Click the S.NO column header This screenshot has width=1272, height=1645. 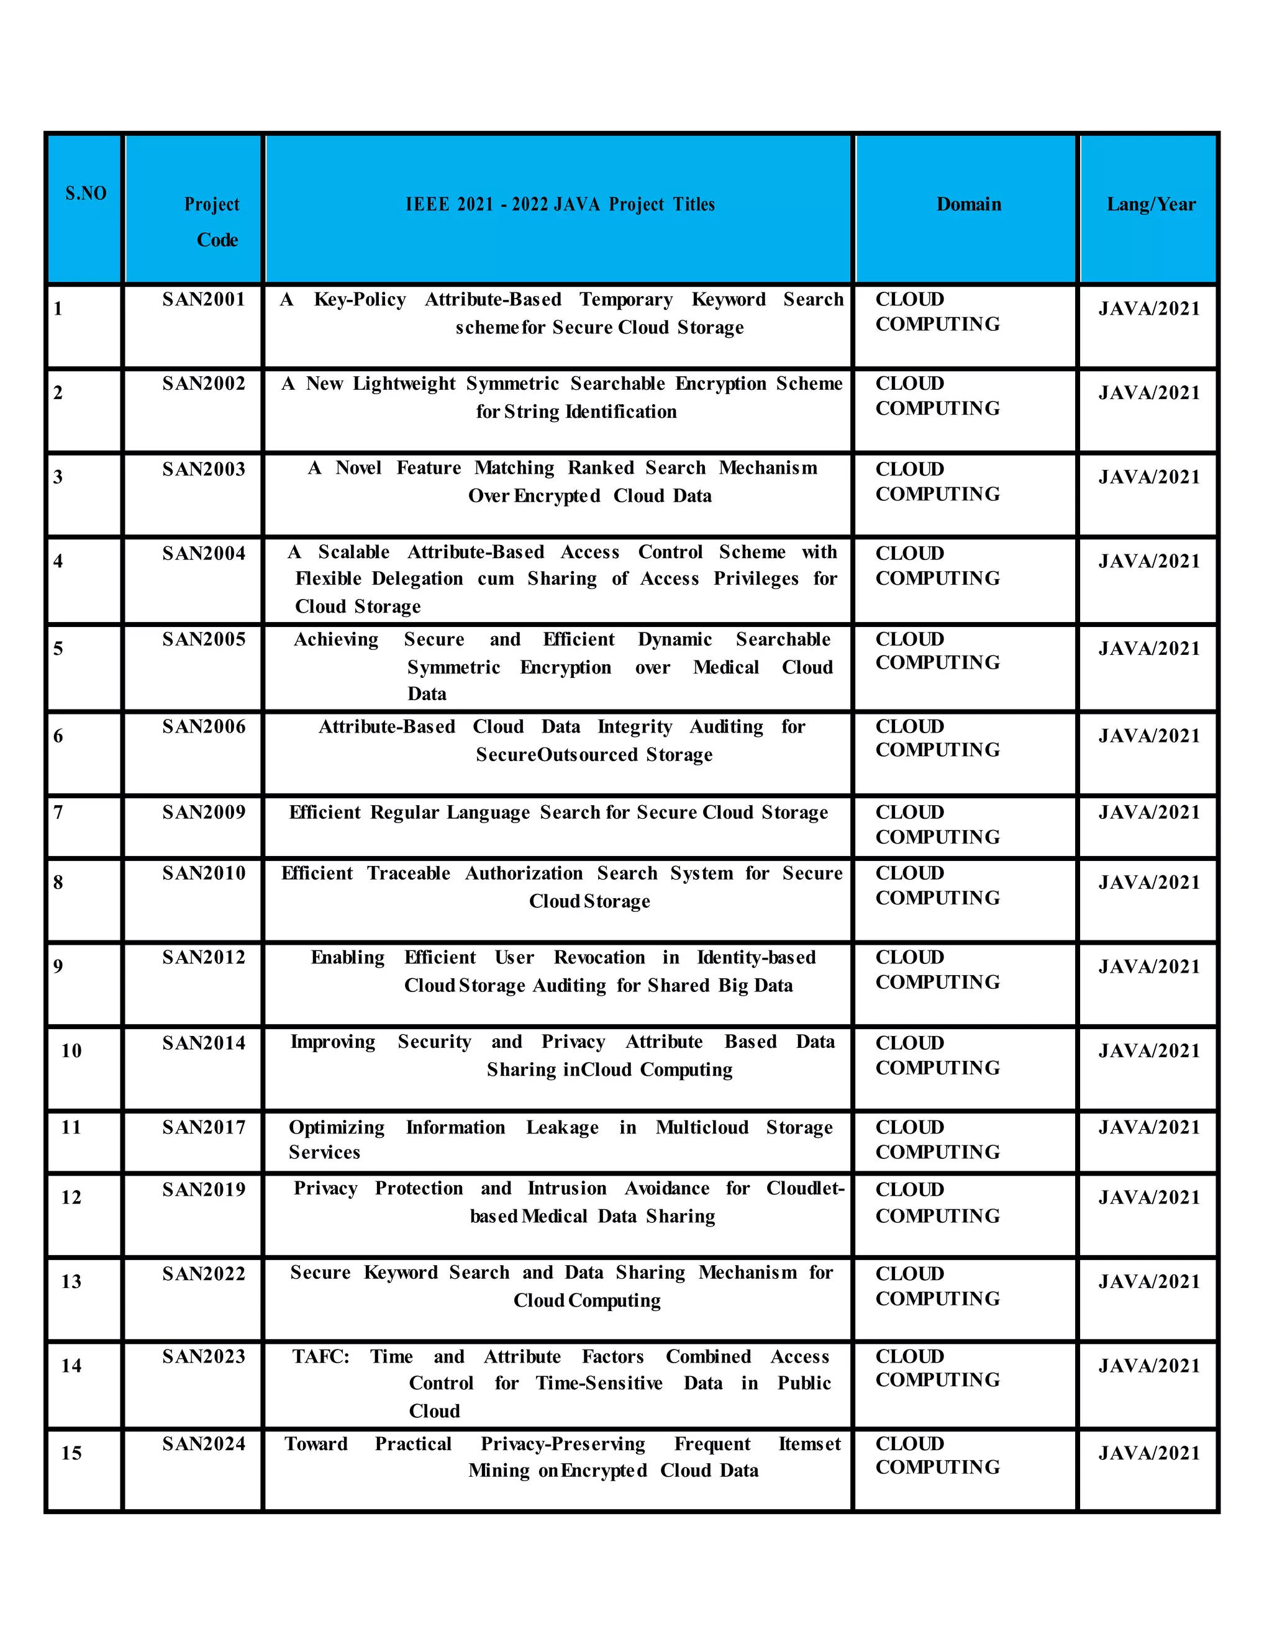pos(85,194)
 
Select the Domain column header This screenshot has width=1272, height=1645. pos(968,204)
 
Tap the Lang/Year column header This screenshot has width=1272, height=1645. pos(1151,204)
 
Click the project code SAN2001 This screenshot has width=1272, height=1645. pos(204,300)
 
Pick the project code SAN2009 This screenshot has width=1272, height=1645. pos(204,812)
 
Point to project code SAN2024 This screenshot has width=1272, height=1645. pos(204,1443)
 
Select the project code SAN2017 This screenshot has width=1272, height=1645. pos(204,1127)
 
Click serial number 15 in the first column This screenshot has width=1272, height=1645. pos(71,1453)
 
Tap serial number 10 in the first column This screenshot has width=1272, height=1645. pos(71,1051)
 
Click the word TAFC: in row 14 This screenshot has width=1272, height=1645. pos(321,1356)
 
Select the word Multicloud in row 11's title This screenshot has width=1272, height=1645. pos(702,1127)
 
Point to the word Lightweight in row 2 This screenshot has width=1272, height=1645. pos(404,384)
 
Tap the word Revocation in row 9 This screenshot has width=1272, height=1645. pos(599,957)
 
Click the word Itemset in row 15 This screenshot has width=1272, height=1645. pos(809,1443)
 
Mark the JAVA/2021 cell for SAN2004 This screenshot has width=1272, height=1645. pos(1148,561)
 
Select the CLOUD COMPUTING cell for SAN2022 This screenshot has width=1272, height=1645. pos(937,1286)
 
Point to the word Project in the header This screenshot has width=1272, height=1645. pos(212,204)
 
